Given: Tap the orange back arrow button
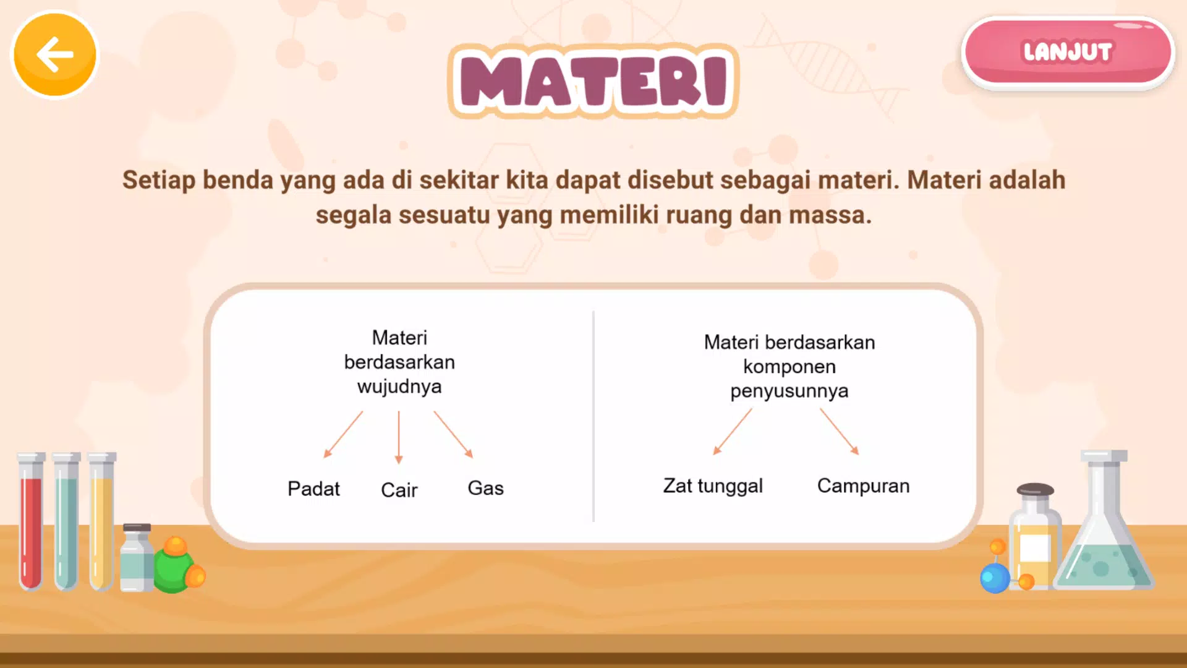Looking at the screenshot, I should click(55, 54).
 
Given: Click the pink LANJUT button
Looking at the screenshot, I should click(1068, 52).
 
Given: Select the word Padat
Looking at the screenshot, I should click(313, 489).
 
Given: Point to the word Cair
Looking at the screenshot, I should click(399, 490).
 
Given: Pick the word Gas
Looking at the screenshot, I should click(485, 488).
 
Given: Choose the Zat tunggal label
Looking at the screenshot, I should click(713, 486).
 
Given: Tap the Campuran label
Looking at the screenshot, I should click(863, 486).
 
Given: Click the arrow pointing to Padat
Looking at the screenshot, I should click(343, 435).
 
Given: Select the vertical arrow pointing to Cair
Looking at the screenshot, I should click(399, 437).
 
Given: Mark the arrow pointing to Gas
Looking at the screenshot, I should click(453, 435).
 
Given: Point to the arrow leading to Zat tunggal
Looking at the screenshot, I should click(733, 432).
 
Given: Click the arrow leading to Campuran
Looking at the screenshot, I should click(840, 432).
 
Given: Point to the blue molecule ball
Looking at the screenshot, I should click(995, 578).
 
